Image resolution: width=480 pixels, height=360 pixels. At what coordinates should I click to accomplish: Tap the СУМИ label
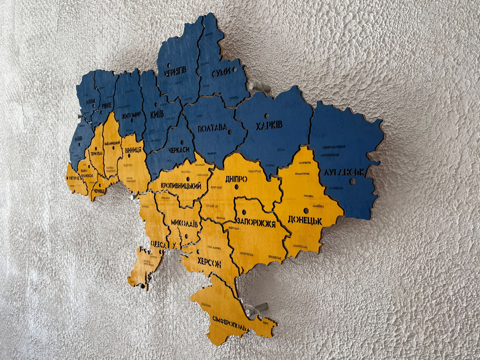pyautogui.click(x=221, y=73)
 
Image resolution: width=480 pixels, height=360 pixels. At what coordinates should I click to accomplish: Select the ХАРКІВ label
pyautogui.click(x=269, y=126)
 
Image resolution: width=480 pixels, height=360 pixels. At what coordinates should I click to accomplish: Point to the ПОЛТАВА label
pyautogui.click(x=212, y=128)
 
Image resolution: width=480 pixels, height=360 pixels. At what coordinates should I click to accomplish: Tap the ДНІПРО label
pyautogui.click(x=236, y=179)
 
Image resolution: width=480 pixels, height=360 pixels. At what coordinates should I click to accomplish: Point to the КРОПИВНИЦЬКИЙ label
pyautogui.click(x=181, y=186)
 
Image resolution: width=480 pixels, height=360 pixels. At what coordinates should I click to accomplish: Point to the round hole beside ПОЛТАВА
pyautogui.click(x=232, y=132)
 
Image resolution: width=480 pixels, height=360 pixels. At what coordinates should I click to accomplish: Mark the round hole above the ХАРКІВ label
pyautogui.click(x=266, y=116)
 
